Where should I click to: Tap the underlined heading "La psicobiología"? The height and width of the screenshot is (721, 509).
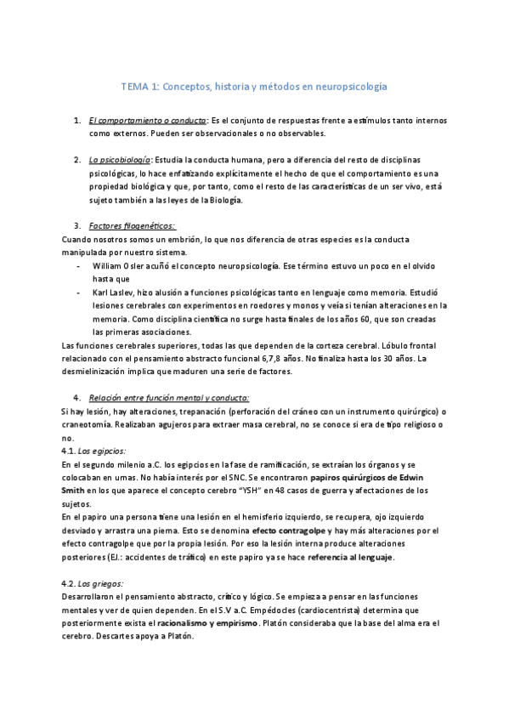(x=120, y=160)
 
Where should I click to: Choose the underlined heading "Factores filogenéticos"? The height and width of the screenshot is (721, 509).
(x=132, y=225)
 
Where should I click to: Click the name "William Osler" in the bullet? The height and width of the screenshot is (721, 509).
(x=121, y=265)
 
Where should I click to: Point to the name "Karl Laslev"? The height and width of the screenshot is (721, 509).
(x=115, y=292)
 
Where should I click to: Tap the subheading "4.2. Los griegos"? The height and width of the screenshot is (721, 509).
(x=93, y=583)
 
